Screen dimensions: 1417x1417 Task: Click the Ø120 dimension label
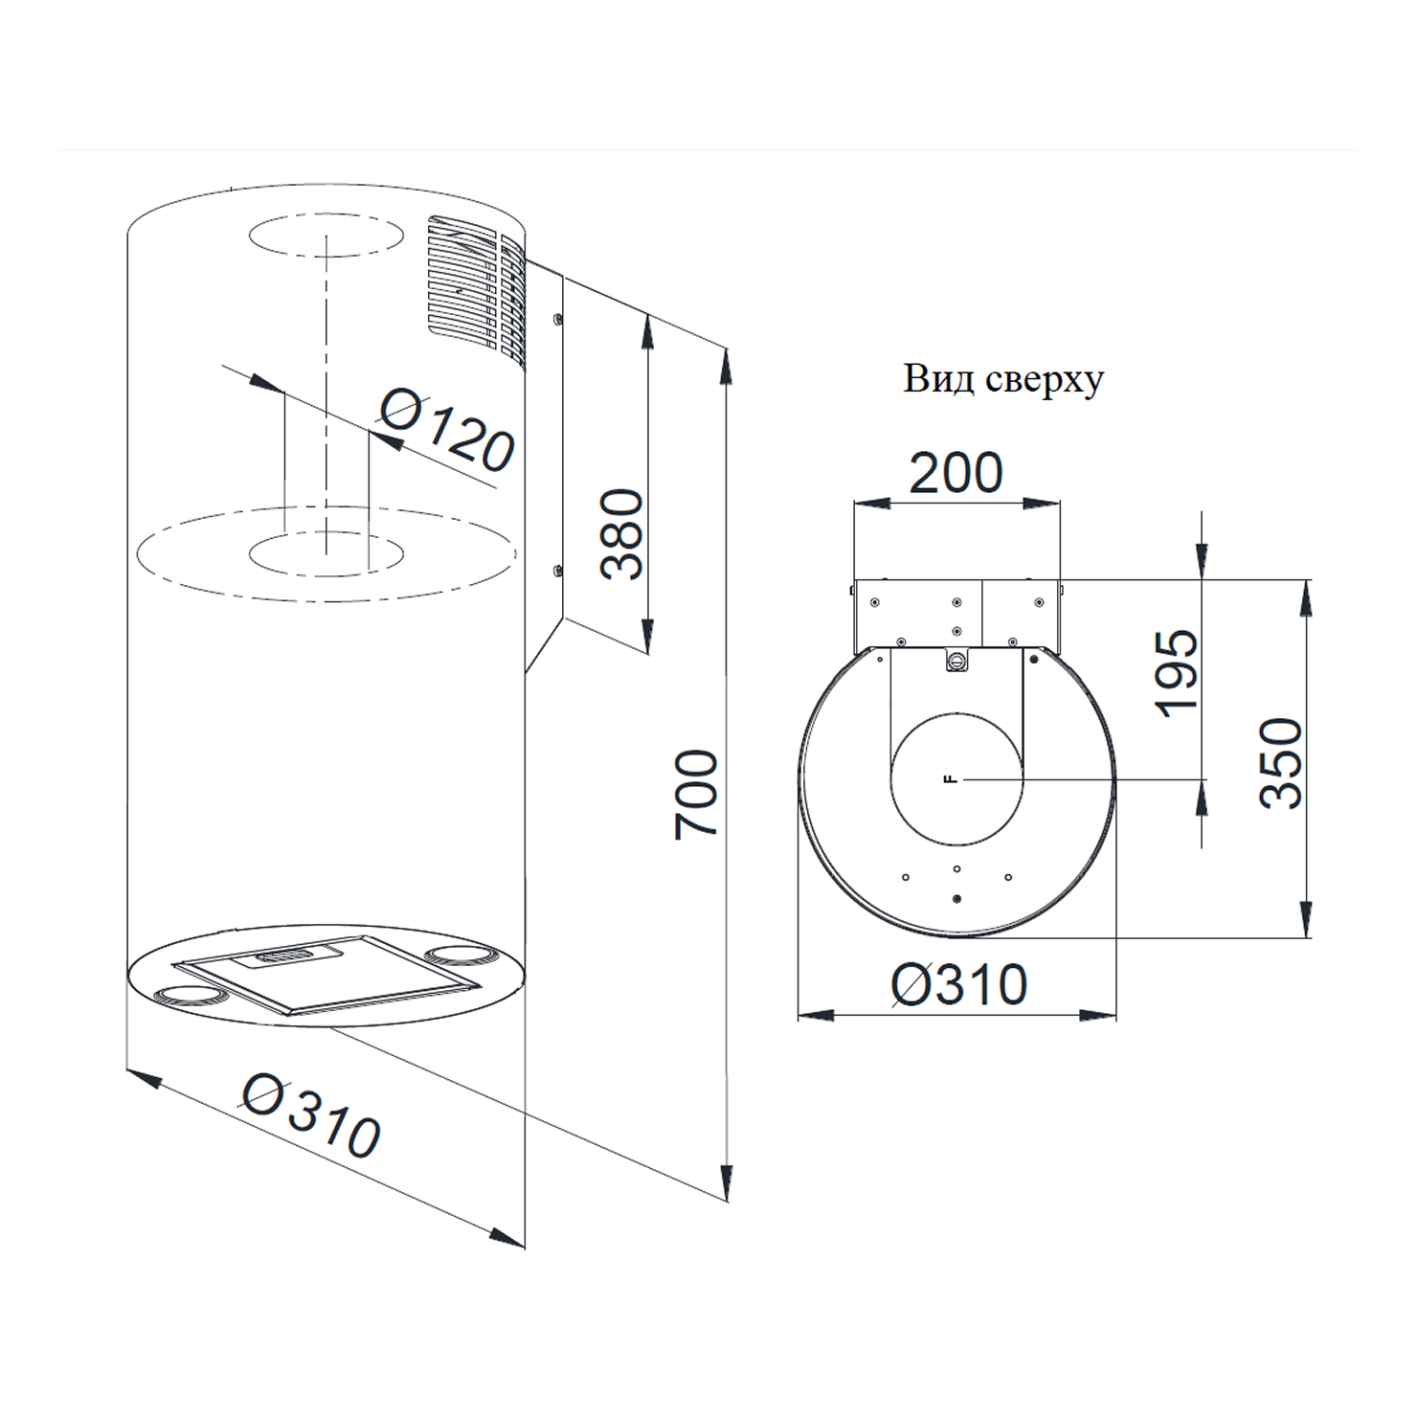[448, 430]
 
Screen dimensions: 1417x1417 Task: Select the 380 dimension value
[621, 533]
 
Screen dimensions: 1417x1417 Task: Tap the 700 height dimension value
[696, 795]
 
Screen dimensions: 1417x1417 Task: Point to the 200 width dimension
[956, 472]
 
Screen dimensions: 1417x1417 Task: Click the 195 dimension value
[1176, 673]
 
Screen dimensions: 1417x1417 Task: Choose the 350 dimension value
[1281, 763]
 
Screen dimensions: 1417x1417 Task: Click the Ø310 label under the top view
[959, 984]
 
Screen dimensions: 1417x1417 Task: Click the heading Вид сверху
[1003, 379]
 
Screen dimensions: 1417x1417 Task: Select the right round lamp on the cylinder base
[459, 954]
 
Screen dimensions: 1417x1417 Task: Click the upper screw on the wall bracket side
[556, 319]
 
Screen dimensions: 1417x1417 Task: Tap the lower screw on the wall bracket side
[556, 572]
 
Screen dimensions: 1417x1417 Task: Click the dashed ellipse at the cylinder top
[326, 235]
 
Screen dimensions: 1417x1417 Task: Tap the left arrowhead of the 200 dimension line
[871, 503]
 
